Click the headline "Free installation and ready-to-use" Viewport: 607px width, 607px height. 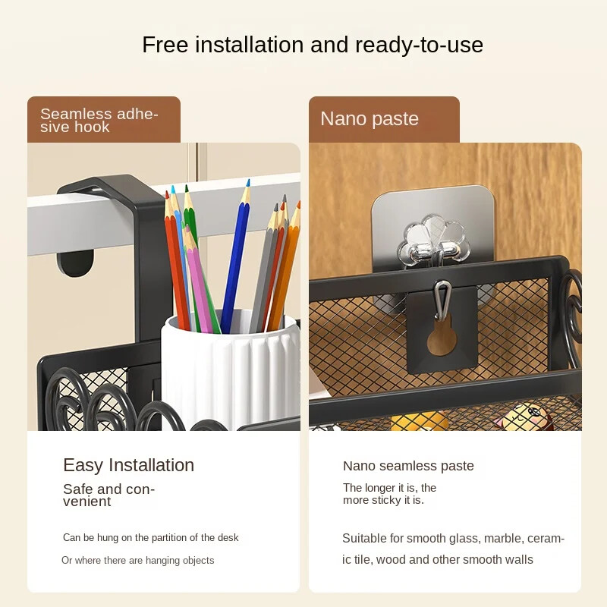point(313,45)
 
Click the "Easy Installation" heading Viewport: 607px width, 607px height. point(128,465)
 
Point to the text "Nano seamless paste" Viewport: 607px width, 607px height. point(408,466)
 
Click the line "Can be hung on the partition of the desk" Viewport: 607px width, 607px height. point(150,537)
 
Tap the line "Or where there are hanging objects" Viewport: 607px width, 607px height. point(138,560)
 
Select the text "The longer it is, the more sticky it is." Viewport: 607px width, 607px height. point(389,494)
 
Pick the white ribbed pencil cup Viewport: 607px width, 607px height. point(230,372)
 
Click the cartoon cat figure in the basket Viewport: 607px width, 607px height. point(523,417)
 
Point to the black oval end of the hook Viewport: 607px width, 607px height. point(75,263)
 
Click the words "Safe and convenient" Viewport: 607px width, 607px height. point(109,495)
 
